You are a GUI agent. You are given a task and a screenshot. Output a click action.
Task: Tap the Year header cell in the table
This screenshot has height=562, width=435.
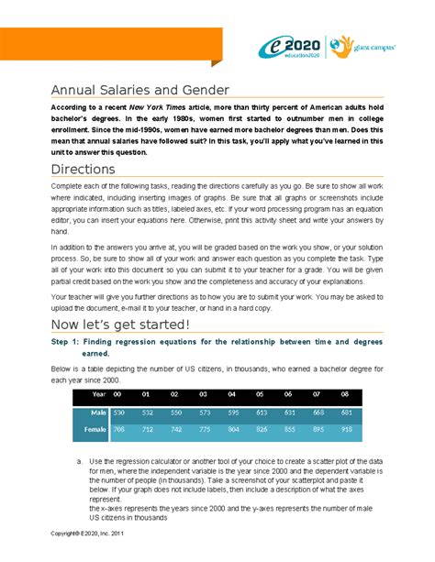(x=98, y=394)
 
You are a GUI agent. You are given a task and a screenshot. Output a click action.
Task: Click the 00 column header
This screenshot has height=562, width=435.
(x=118, y=394)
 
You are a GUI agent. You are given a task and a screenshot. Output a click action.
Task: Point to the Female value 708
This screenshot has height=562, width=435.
(x=118, y=428)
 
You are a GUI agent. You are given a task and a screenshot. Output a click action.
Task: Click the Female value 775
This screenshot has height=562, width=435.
(x=204, y=428)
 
